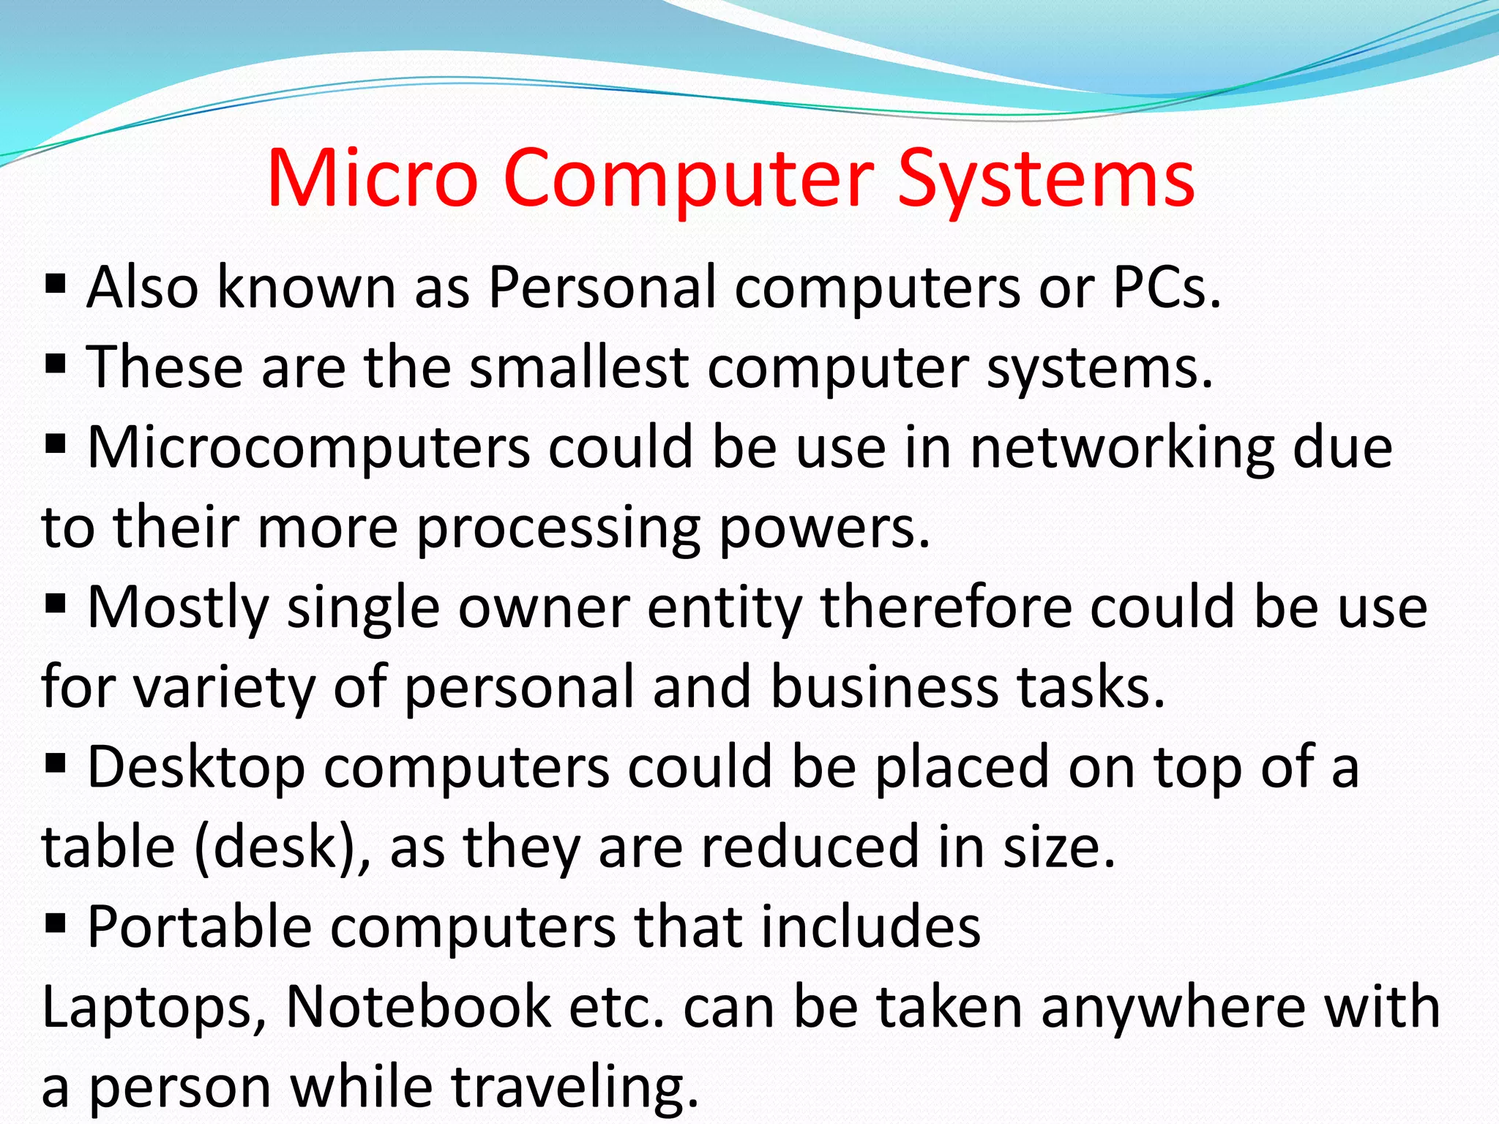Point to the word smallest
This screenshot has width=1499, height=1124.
tap(578, 367)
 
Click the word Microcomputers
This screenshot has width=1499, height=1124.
tap(308, 448)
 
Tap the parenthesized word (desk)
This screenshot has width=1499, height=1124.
tap(283, 847)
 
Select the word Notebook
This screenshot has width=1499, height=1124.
tap(418, 1008)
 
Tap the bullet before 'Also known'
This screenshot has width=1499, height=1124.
tap(56, 284)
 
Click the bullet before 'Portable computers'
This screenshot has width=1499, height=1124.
tap(56, 923)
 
